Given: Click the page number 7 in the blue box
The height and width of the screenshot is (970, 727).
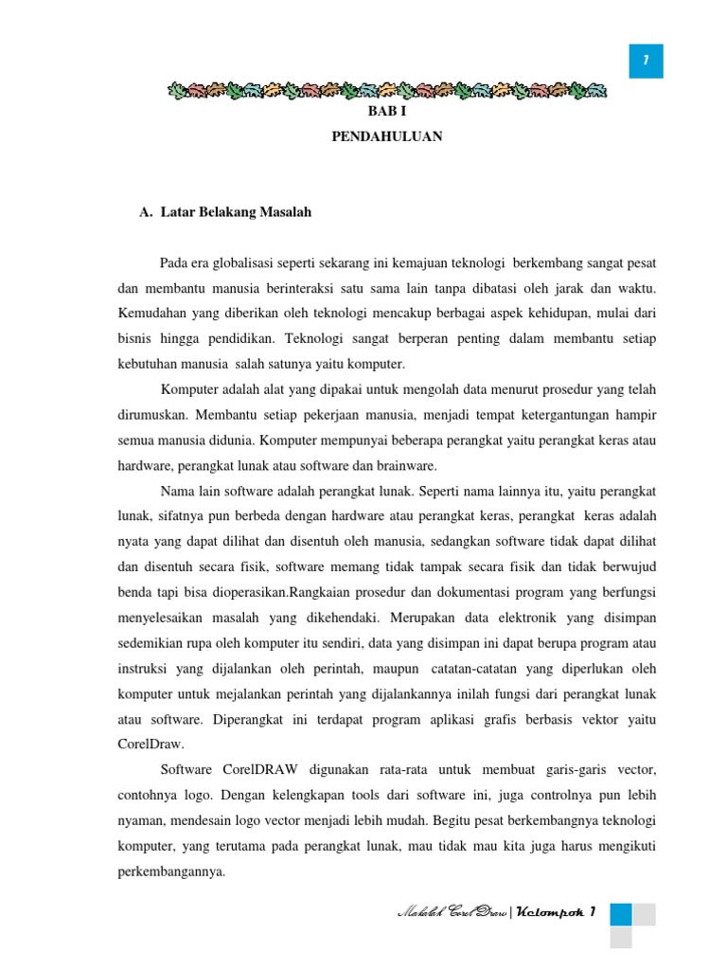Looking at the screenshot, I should pos(646,62).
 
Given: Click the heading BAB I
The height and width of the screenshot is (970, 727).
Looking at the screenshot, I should pos(386,113).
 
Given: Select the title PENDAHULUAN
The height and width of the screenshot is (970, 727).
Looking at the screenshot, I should pos(386,137).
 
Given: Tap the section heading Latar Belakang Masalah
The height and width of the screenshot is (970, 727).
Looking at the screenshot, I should pos(236,212).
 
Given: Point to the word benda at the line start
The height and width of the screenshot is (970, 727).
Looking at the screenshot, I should pos(134,593).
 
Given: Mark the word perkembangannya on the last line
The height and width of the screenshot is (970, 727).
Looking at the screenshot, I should pos(170,872).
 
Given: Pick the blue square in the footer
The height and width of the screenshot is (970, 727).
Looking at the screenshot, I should pos(621,913).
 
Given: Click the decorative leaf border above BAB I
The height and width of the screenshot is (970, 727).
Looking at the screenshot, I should pos(386,91).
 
